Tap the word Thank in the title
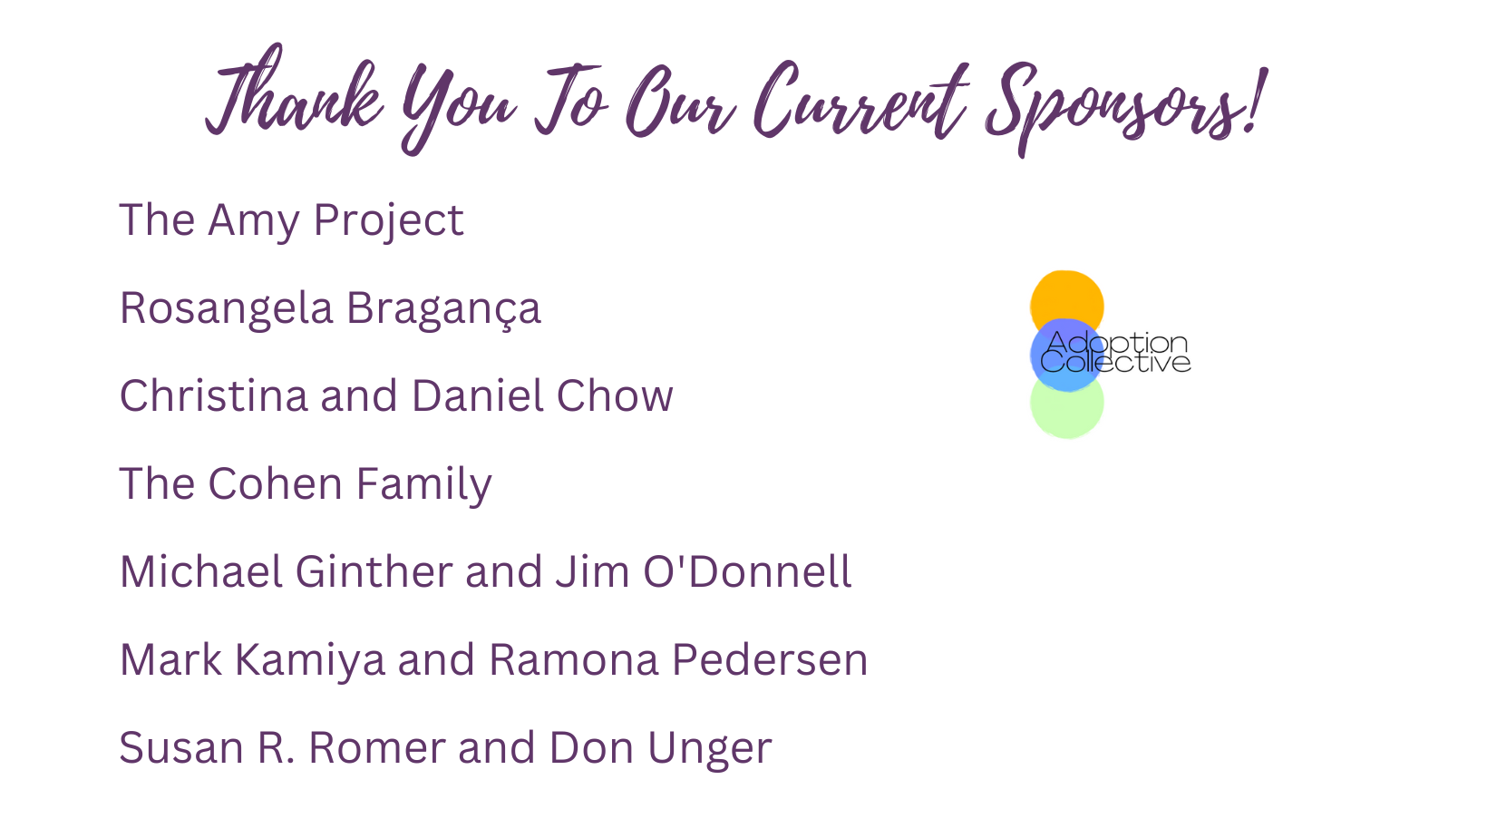tap(294, 93)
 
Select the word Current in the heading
tap(860, 100)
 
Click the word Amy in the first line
tap(254, 222)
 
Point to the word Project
tap(388, 222)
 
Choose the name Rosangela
tap(226, 308)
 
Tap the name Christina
tap(214, 395)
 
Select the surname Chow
tap(615, 395)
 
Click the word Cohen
tap(275, 483)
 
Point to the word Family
tap(424, 484)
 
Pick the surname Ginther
tap(374, 571)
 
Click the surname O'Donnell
tap(747, 571)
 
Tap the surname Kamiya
tap(310, 661)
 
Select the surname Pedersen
tap(770, 660)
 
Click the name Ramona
tap(574, 660)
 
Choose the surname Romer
tap(377, 747)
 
